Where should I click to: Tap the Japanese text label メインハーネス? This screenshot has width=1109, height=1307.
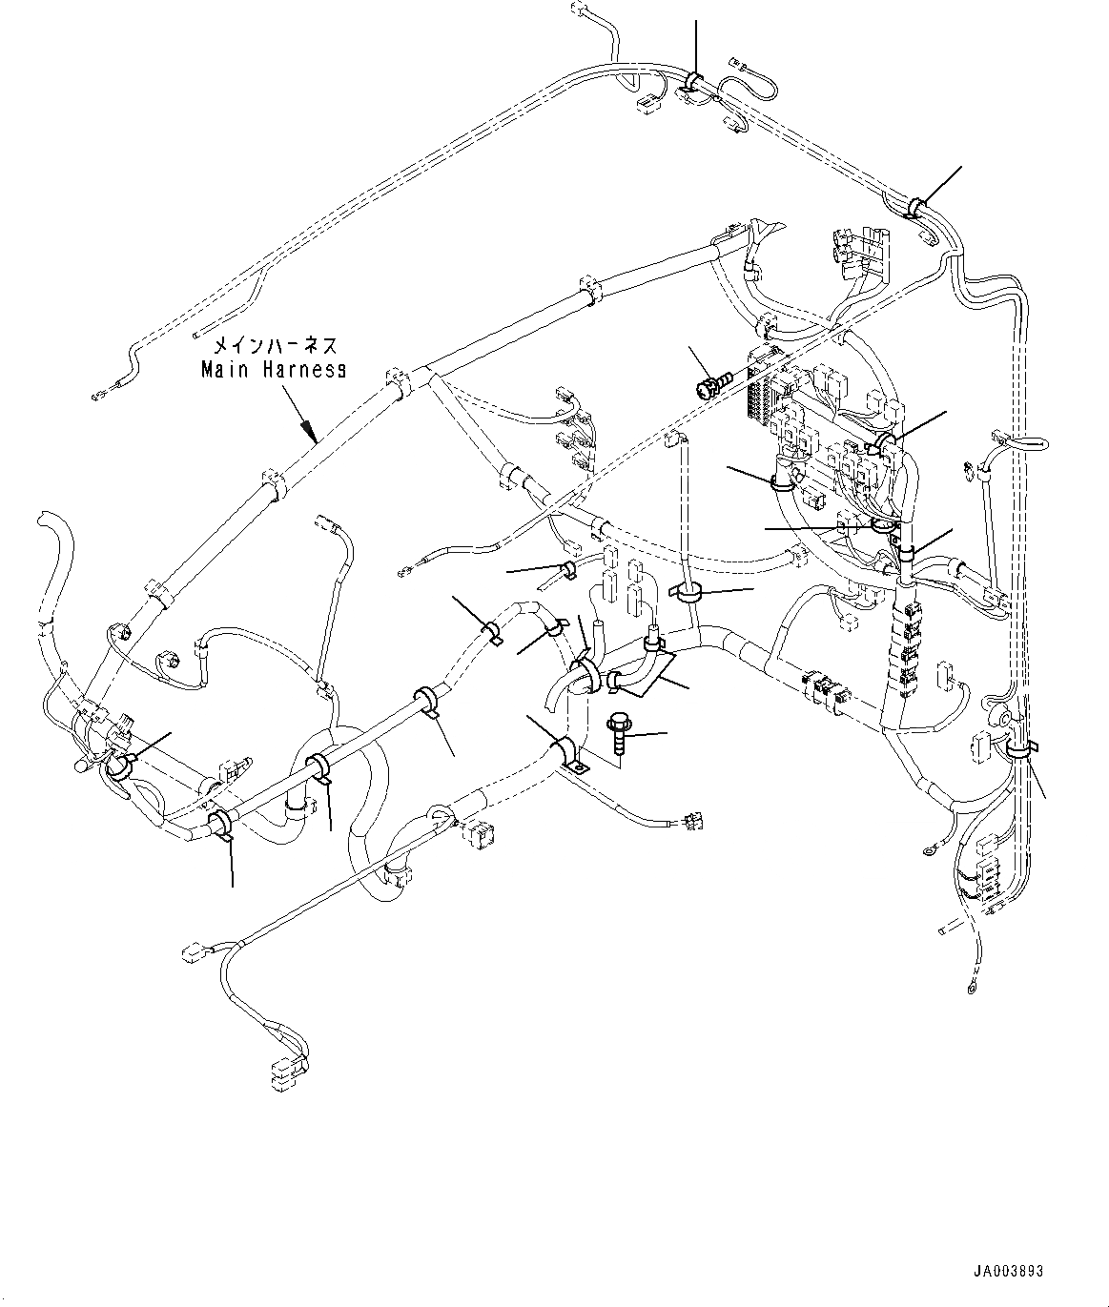pyautogui.click(x=274, y=345)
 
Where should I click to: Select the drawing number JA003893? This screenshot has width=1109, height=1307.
pyautogui.click(x=1009, y=1271)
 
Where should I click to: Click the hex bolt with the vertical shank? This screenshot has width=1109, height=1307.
pyautogui.click(x=617, y=733)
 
